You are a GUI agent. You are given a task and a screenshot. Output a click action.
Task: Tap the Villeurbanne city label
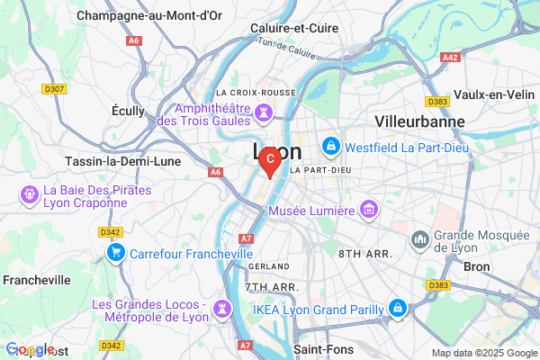point(420,121)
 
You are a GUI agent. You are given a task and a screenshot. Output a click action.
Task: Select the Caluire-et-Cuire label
point(293,28)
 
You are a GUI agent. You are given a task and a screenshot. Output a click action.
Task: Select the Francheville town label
point(37,280)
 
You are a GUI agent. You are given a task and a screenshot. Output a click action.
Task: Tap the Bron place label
point(476,267)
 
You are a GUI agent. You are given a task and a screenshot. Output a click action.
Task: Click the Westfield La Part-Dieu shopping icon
point(330,144)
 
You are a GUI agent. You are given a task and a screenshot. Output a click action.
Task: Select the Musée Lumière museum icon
point(368,211)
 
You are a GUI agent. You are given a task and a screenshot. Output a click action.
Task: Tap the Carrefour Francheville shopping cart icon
point(115,254)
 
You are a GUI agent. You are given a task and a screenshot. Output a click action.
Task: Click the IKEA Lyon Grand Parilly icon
point(397,310)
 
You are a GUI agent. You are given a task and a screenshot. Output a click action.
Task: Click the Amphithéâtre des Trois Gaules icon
point(264,112)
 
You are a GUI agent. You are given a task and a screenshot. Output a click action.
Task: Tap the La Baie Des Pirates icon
point(29,193)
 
